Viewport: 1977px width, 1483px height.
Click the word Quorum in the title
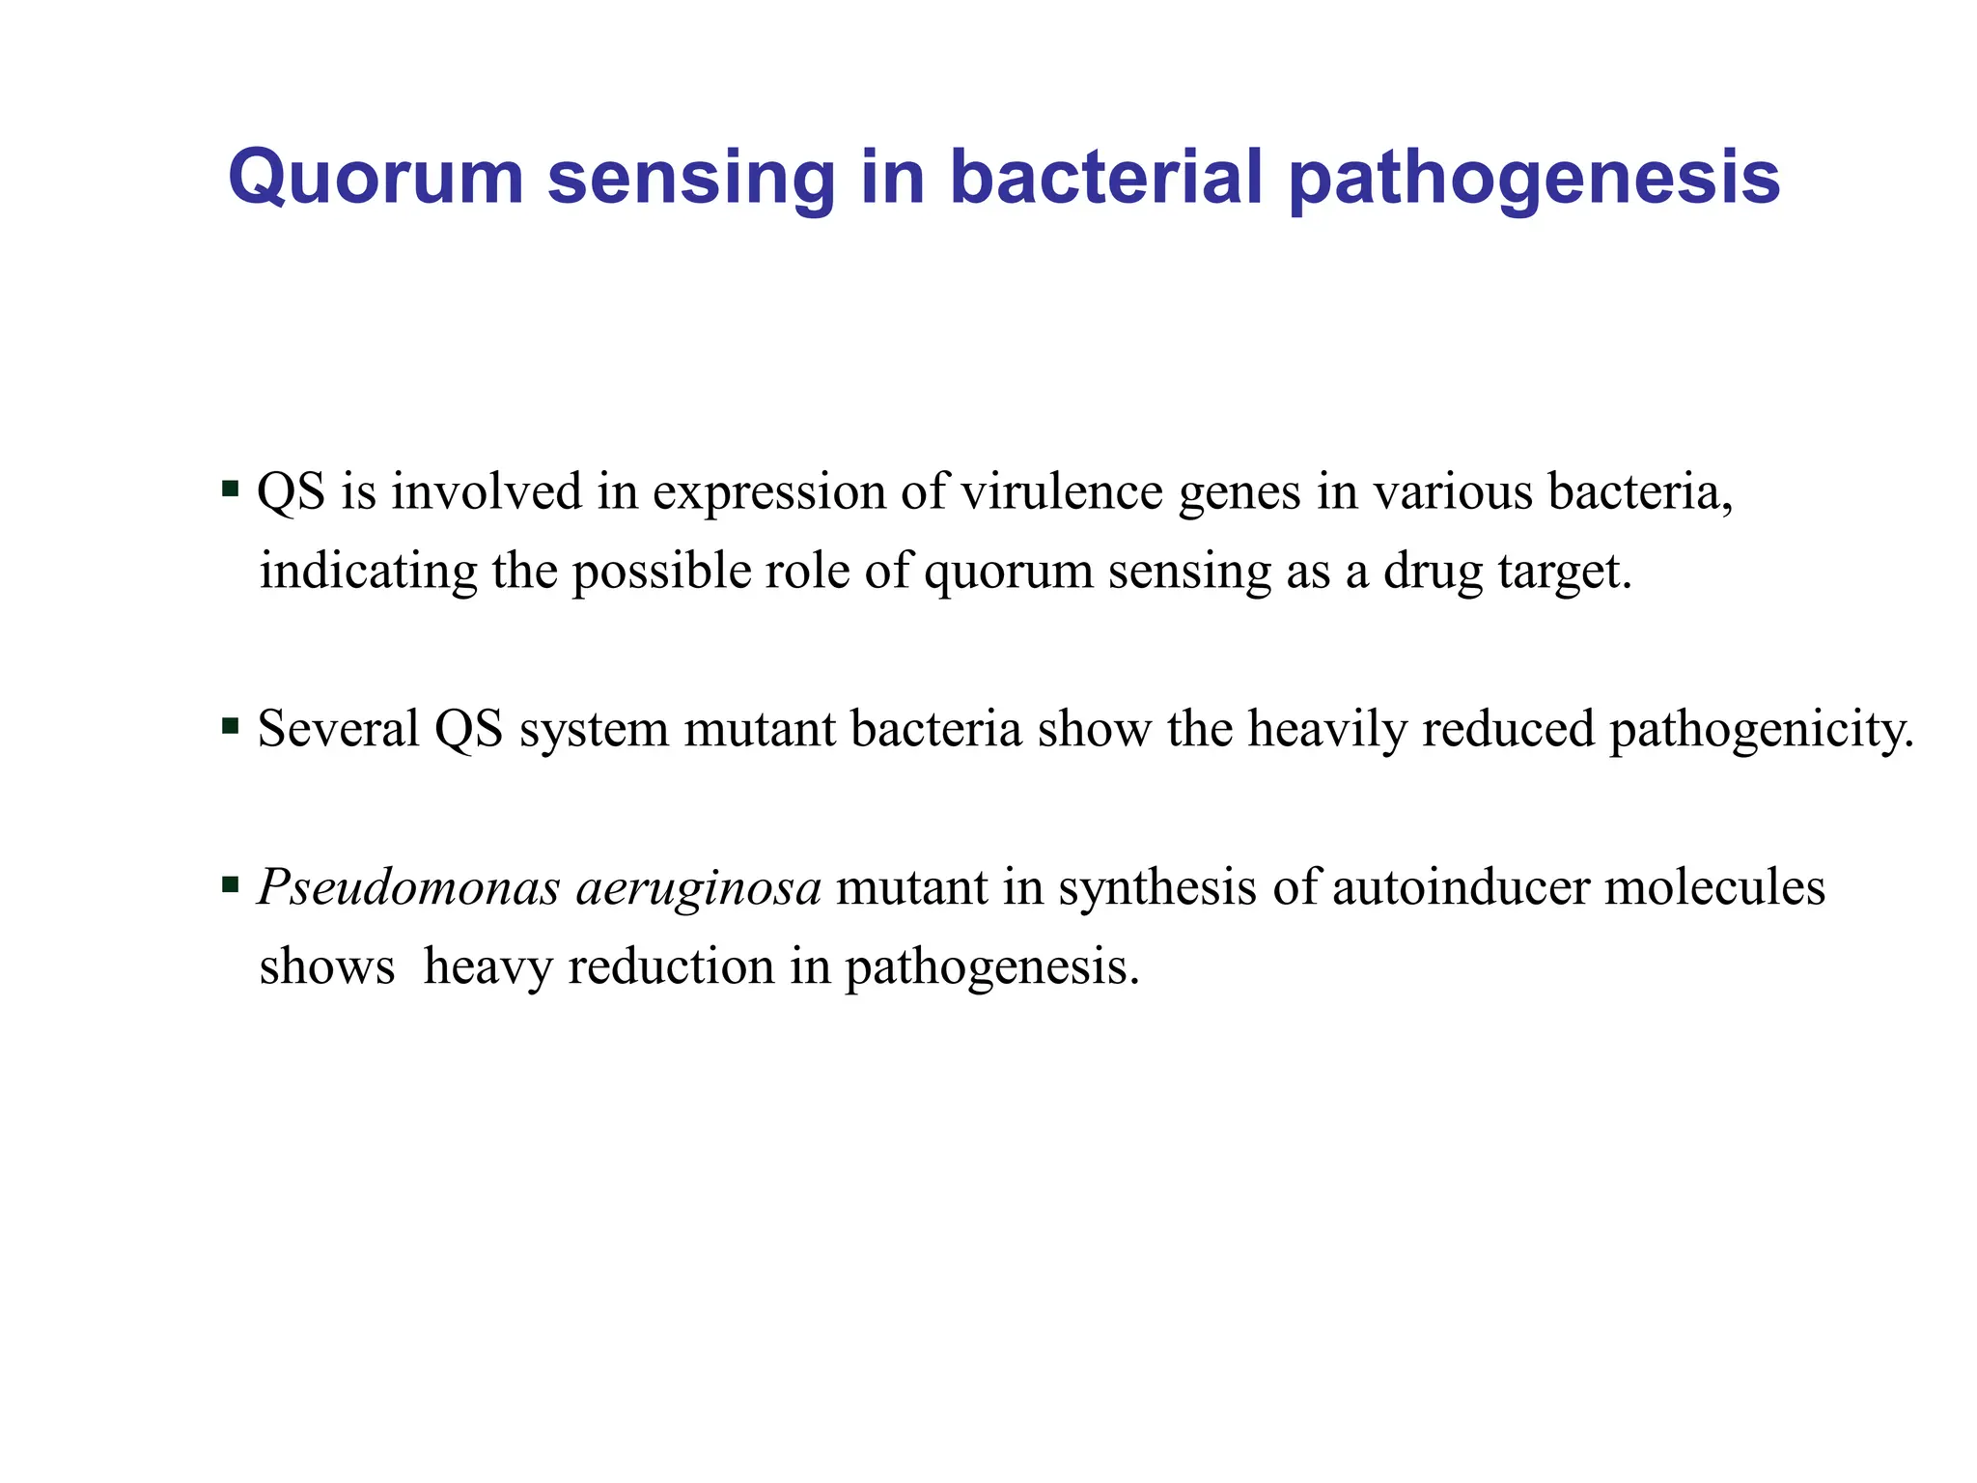point(376,179)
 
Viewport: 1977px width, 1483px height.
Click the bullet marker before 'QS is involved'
point(230,488)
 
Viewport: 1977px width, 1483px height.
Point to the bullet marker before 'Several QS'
point(230,725)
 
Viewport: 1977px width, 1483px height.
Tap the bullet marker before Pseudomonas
point(230,883)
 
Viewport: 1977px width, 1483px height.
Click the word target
point(1564,573)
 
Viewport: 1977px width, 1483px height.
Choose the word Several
point(339,729)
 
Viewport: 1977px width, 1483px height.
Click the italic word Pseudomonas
point(408,887)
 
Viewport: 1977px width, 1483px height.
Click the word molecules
point(1714,887)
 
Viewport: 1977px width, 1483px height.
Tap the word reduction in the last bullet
point(671,966)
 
